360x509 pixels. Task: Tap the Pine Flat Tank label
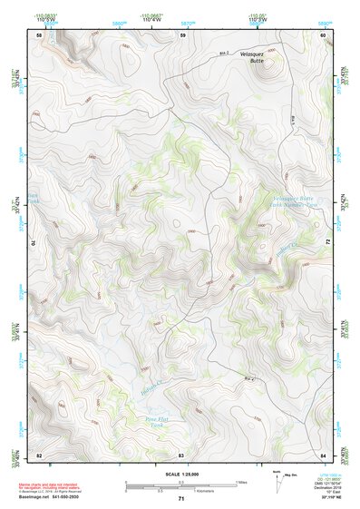[157, 422]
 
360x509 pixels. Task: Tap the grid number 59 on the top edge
[182, 34]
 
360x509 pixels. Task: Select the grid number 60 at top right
[323, 34]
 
